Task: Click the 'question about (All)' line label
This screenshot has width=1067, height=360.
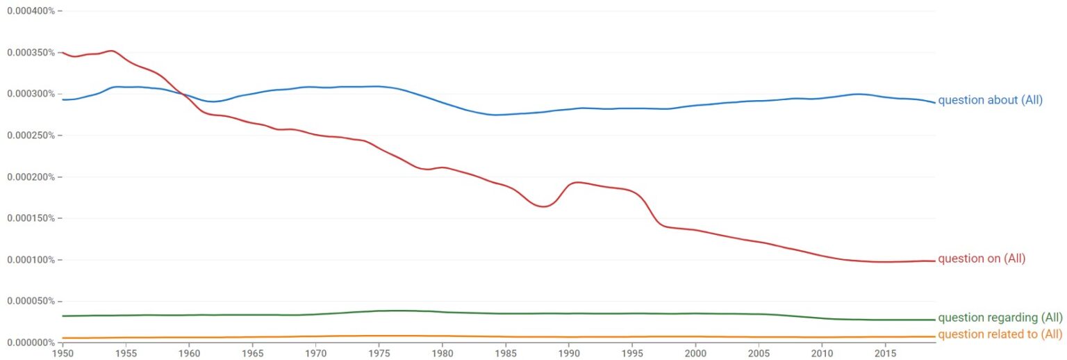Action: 990,100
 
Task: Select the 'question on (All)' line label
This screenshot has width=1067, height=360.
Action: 982,259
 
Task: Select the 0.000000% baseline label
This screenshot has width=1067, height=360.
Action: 29,342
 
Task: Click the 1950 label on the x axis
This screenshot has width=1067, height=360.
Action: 63,352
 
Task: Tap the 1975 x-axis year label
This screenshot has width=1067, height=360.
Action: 379,352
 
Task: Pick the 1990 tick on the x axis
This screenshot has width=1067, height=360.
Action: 568,352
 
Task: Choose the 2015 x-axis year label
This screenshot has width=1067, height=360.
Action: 884,352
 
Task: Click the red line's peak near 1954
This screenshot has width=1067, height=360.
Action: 111,50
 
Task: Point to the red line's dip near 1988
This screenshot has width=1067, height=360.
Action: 543,206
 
